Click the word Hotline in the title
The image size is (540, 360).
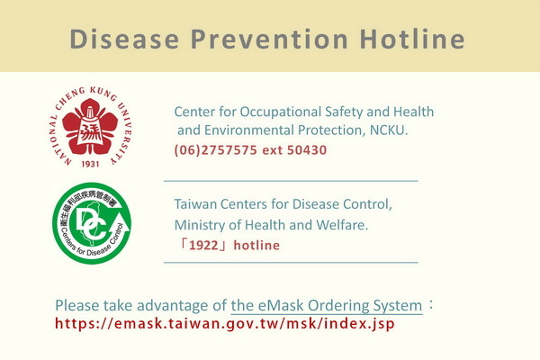[412, 39]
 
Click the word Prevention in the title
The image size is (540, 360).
[269, 39]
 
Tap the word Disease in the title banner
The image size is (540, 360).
[124, 39]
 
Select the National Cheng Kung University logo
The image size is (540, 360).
[90, 127]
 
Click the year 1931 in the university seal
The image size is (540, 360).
[90, 164]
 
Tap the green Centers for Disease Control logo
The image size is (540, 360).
[92, 223]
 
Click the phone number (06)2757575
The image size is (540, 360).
[216, 150]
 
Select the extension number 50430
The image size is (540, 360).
[307, 150]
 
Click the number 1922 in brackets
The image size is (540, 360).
[204, 246]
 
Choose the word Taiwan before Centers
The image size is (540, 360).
[195, 204]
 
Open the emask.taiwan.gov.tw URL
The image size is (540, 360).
[224, 324]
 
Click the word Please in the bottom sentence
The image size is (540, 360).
[76, 306]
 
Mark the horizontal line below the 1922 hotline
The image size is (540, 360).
[291, 263]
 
